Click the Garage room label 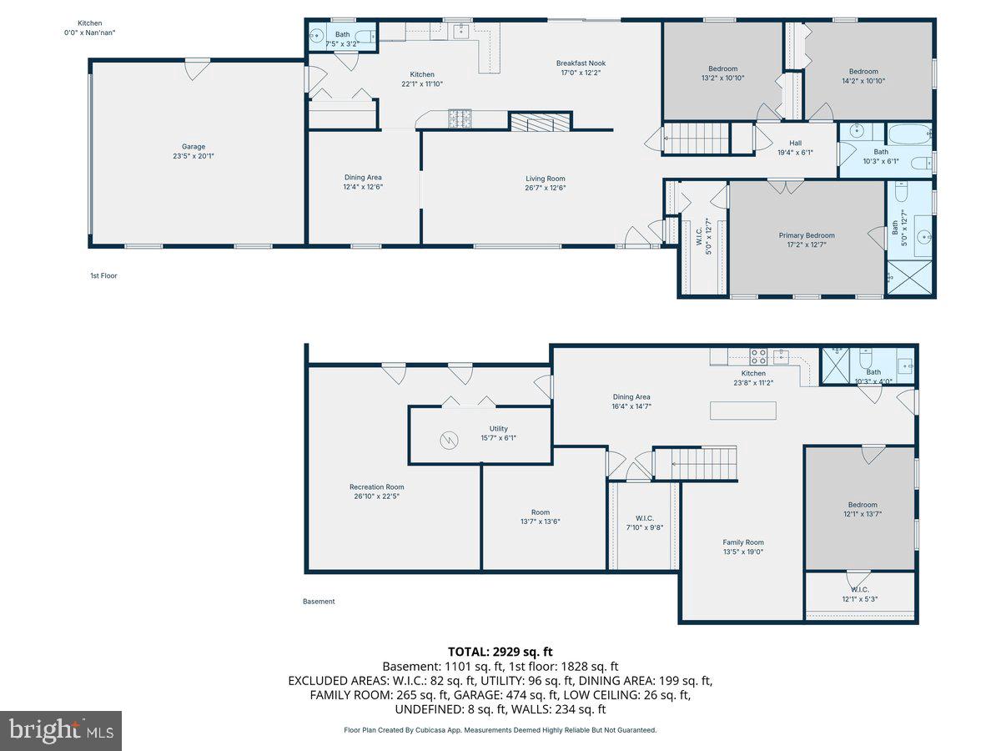coord(194,147)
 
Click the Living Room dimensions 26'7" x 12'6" coord(546,188)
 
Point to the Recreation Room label coord(376,487)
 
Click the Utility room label coord(498,429)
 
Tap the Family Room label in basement coord(743,542)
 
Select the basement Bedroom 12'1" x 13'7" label coord(863,505)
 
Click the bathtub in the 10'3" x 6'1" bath coord(908,134)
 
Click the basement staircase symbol coord(697,462)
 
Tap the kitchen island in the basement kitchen coord(743,411)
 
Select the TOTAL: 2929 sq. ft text coord(500,652)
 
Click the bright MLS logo coord(61,730)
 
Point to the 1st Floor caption coord(103,275)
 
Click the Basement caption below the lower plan coord(318,601)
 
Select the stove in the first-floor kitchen coord(460,118)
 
